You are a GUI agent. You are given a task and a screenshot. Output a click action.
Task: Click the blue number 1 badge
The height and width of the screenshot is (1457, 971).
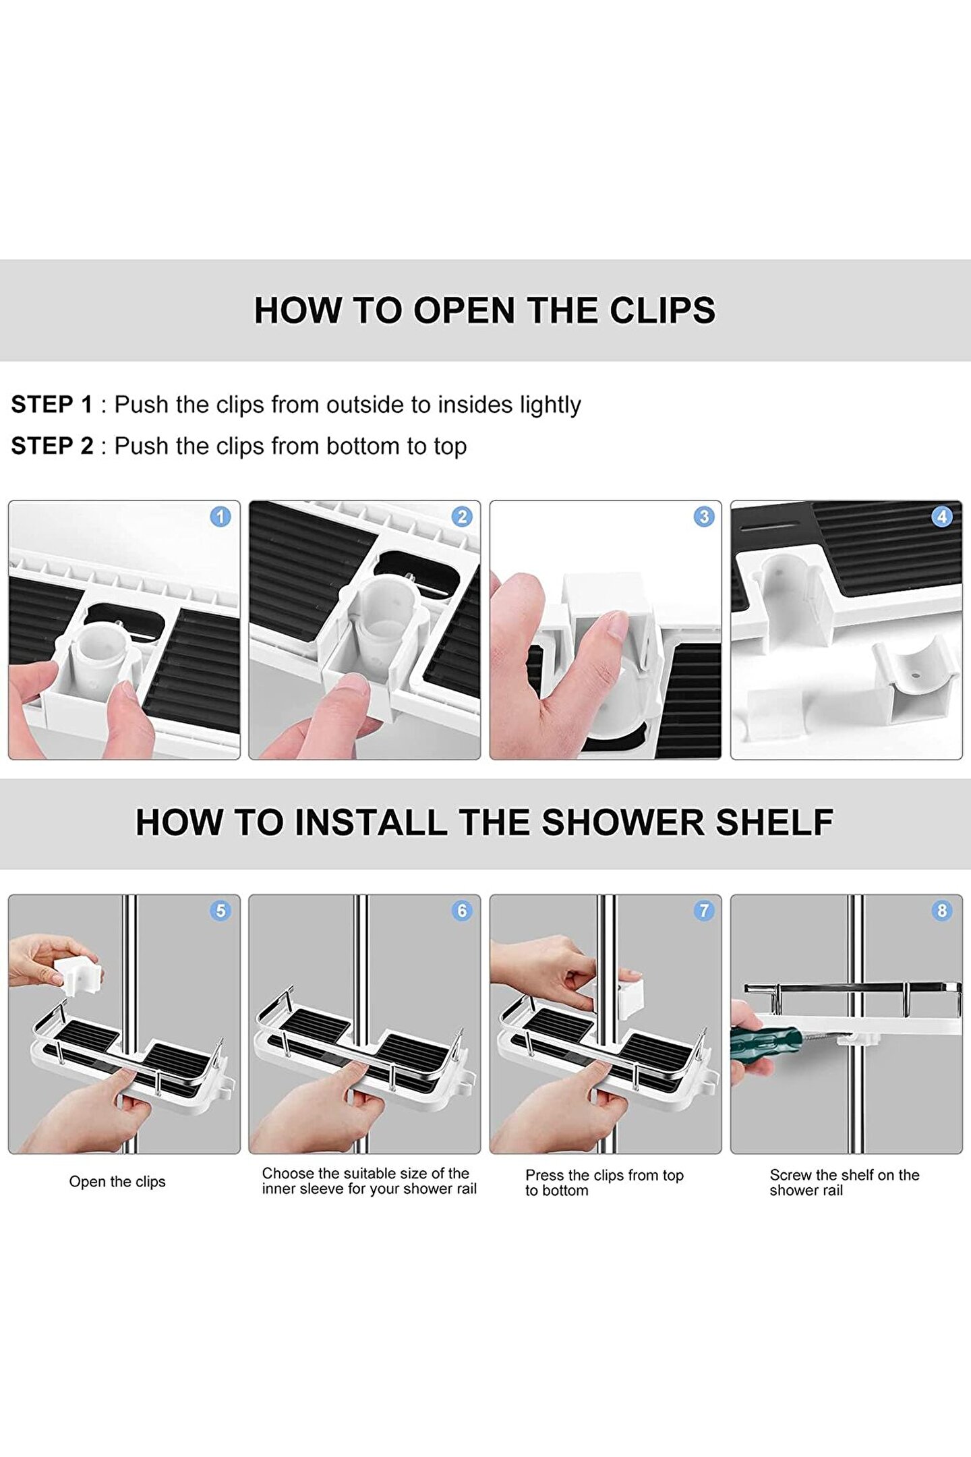coord(220,517)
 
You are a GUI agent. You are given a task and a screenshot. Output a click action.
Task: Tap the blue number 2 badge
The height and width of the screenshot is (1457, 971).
coord(462,517)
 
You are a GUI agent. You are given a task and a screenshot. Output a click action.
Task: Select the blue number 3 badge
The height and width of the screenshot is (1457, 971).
coord(704,517)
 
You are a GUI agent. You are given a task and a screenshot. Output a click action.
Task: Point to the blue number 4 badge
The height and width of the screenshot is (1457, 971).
coord(942,517)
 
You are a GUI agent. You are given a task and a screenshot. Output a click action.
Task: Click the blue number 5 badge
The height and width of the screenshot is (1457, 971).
coord(220,911)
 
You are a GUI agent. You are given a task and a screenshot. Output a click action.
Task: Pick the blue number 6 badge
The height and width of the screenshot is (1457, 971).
coord(462,911)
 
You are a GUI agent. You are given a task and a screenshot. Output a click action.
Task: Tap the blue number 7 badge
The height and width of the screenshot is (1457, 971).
coord(704,911)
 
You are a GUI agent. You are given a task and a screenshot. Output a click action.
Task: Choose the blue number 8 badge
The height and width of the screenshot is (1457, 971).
coord(942,911)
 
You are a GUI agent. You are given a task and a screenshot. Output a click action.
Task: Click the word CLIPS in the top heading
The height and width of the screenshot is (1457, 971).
coord(662,311)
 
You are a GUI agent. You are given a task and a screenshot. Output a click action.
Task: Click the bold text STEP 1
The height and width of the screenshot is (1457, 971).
coord(52,405)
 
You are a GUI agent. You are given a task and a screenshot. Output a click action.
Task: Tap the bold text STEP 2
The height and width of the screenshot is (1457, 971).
coord(52,446)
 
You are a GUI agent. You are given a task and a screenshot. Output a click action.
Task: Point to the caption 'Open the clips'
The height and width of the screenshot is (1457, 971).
coord(117,1182)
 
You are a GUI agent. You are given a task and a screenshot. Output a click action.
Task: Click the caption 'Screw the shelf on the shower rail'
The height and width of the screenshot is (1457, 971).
coord(845,1182)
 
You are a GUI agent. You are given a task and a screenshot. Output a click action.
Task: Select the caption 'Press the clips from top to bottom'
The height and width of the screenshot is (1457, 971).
coord(605,1182)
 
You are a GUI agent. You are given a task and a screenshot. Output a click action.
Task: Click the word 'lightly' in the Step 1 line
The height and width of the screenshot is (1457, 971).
coord(550,405)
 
